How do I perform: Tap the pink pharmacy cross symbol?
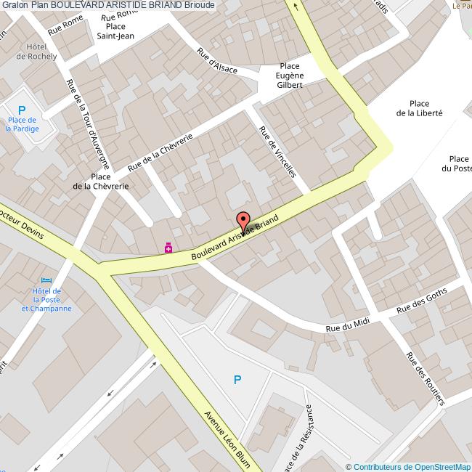pyautogui.click(x=168, y=248)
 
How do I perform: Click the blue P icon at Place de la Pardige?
pyautogui.click(x=22, y=110)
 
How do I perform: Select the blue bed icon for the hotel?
pyautogui.click(x=47, y=280)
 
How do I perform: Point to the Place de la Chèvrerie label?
pyautogui.click(x=101, y=181)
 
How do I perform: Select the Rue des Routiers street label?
pyautogui.click(x=425, y=378)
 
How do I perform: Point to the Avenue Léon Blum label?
pyautogui.click(x=227, y=440)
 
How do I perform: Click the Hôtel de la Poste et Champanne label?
pyautogui.click(x=46, y=299)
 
